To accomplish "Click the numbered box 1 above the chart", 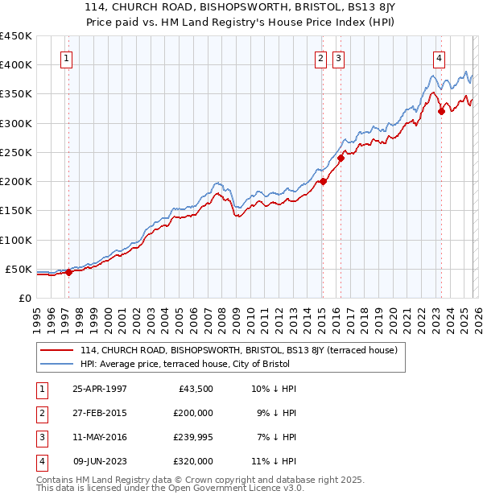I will pyautogui.click(x=66, y=58).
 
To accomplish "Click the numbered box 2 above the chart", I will pyautogui.click(x=320, y=58).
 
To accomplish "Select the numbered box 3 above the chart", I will pyautogui.click(x=338, y=58).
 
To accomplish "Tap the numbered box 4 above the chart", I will pyautogui.click(x=439, y=58).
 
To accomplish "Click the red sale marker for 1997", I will pyautogui.click(x=69, y=272).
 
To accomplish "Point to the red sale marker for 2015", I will pyautogui.click(x=323, y=181).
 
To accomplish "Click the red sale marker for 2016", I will pyautogui.click(x=341, y=158).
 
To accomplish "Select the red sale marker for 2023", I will pyautogui.click(x=441, y=111).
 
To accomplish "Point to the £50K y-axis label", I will pyautogui.click(x=19, y=269).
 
